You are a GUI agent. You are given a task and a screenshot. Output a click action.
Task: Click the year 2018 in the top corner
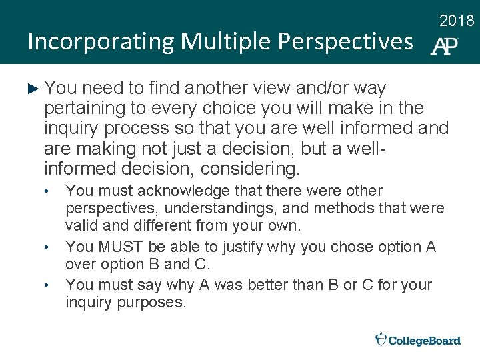(457, 21)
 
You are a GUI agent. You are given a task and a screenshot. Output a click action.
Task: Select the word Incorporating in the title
(100, 42)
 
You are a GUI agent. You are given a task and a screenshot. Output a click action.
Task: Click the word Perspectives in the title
(345, 42)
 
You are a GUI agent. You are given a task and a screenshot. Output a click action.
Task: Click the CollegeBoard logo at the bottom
(418, 340)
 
